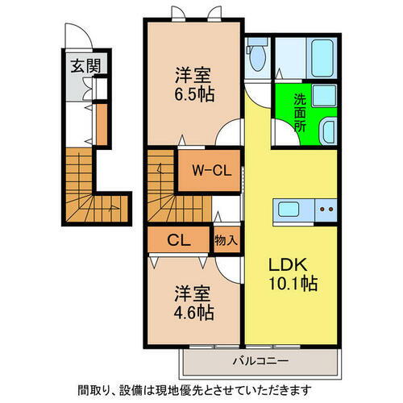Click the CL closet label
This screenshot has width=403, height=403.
click(177, 239)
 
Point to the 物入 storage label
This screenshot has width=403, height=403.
click(226, 240)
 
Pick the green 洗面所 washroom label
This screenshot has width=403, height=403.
click(299, 113)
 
